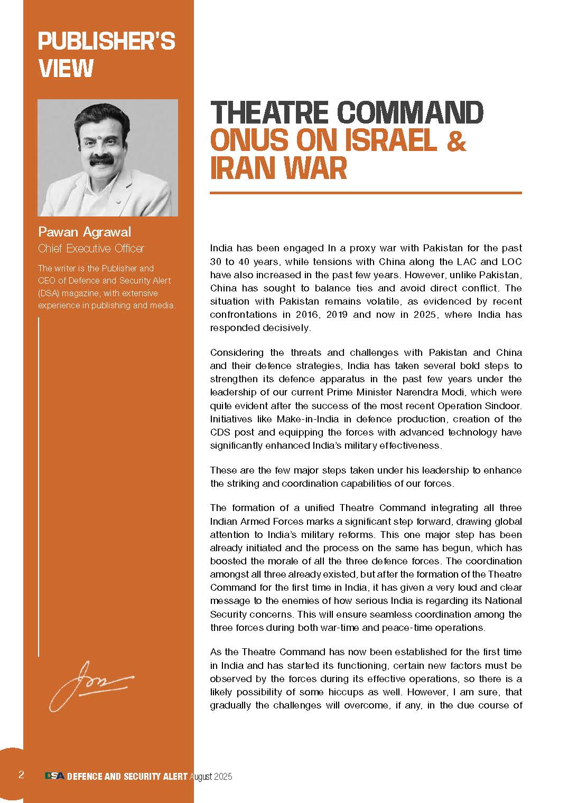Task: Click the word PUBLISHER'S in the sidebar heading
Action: coord(106,41)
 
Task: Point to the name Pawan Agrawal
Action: coord(85,232)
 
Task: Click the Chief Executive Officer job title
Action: coord(91,248)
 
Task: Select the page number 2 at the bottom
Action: coord(21,775)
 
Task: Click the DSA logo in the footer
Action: coord(54,776)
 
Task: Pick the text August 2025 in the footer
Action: coord(211,777)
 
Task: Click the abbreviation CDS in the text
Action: coord(220,432)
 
